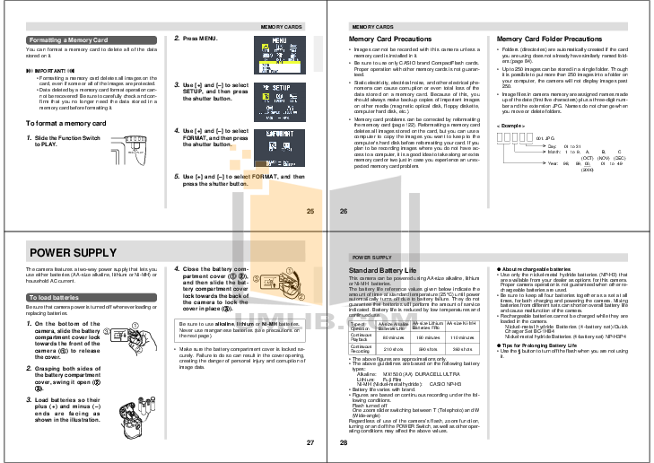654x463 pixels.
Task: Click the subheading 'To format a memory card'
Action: (60, 122)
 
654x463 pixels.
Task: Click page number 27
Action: (310, 441)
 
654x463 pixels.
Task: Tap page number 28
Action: (343, 441)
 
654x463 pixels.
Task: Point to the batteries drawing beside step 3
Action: (135, 405)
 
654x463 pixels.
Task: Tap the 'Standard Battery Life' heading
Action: (384, 269)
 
